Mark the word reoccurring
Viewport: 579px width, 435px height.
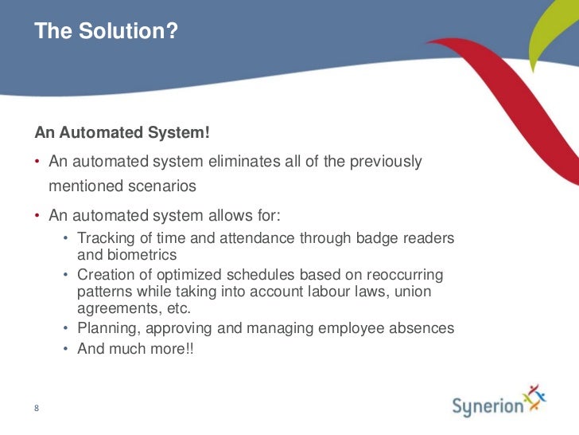(403, 276)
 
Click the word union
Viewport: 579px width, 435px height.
(412, 292)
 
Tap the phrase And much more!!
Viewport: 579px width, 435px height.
(135, 348)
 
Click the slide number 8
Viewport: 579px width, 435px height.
(37, 410)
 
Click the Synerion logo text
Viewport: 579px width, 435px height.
(488, 406)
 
